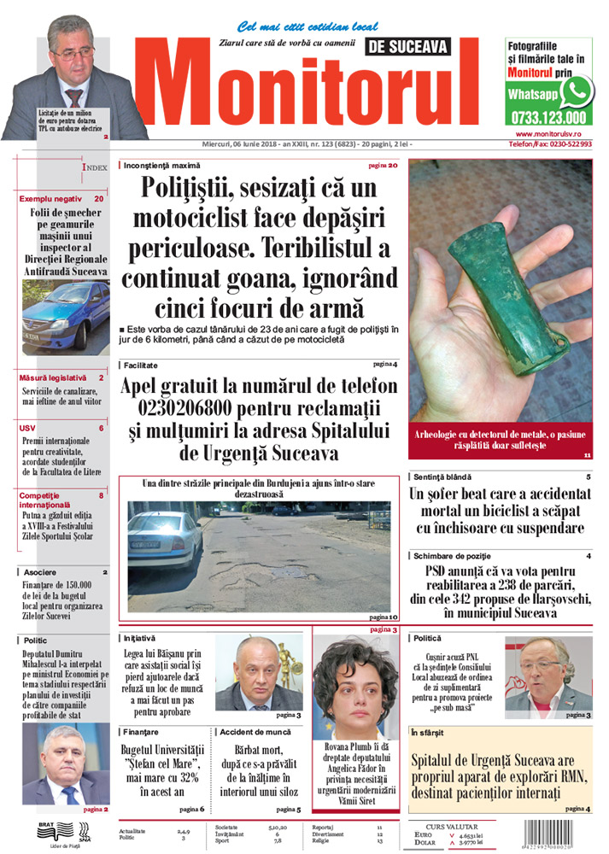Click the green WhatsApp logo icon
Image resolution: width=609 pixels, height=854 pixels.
click(x=578, y=91)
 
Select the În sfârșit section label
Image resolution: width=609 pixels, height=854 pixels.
click(x=427, y=733)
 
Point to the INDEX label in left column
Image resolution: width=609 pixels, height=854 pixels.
click(x=94, y=168)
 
